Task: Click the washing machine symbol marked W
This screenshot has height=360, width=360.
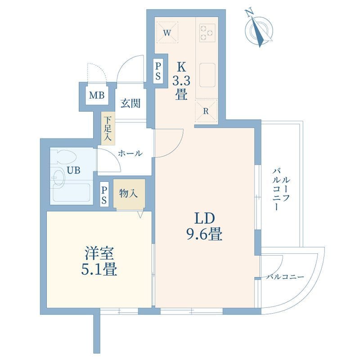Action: point(167,32)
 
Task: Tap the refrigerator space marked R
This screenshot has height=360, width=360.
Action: point(206,111)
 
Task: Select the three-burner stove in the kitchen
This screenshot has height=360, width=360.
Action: point(207,33)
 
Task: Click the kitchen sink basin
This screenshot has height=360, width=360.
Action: point(207,75)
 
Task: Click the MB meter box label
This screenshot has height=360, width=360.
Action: point(97,95)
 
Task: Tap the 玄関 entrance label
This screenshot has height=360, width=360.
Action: point(130,103)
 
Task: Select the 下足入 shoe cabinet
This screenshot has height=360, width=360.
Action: point(108,129)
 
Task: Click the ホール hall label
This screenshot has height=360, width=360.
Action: point(130,153)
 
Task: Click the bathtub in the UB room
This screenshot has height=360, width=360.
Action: point(72,193)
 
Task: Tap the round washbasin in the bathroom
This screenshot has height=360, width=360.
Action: point(58,176)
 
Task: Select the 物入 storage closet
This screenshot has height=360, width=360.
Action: point(129,194)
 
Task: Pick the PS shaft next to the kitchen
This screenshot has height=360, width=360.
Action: point(158,71)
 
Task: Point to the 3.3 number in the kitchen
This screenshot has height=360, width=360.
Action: point(181,81)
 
